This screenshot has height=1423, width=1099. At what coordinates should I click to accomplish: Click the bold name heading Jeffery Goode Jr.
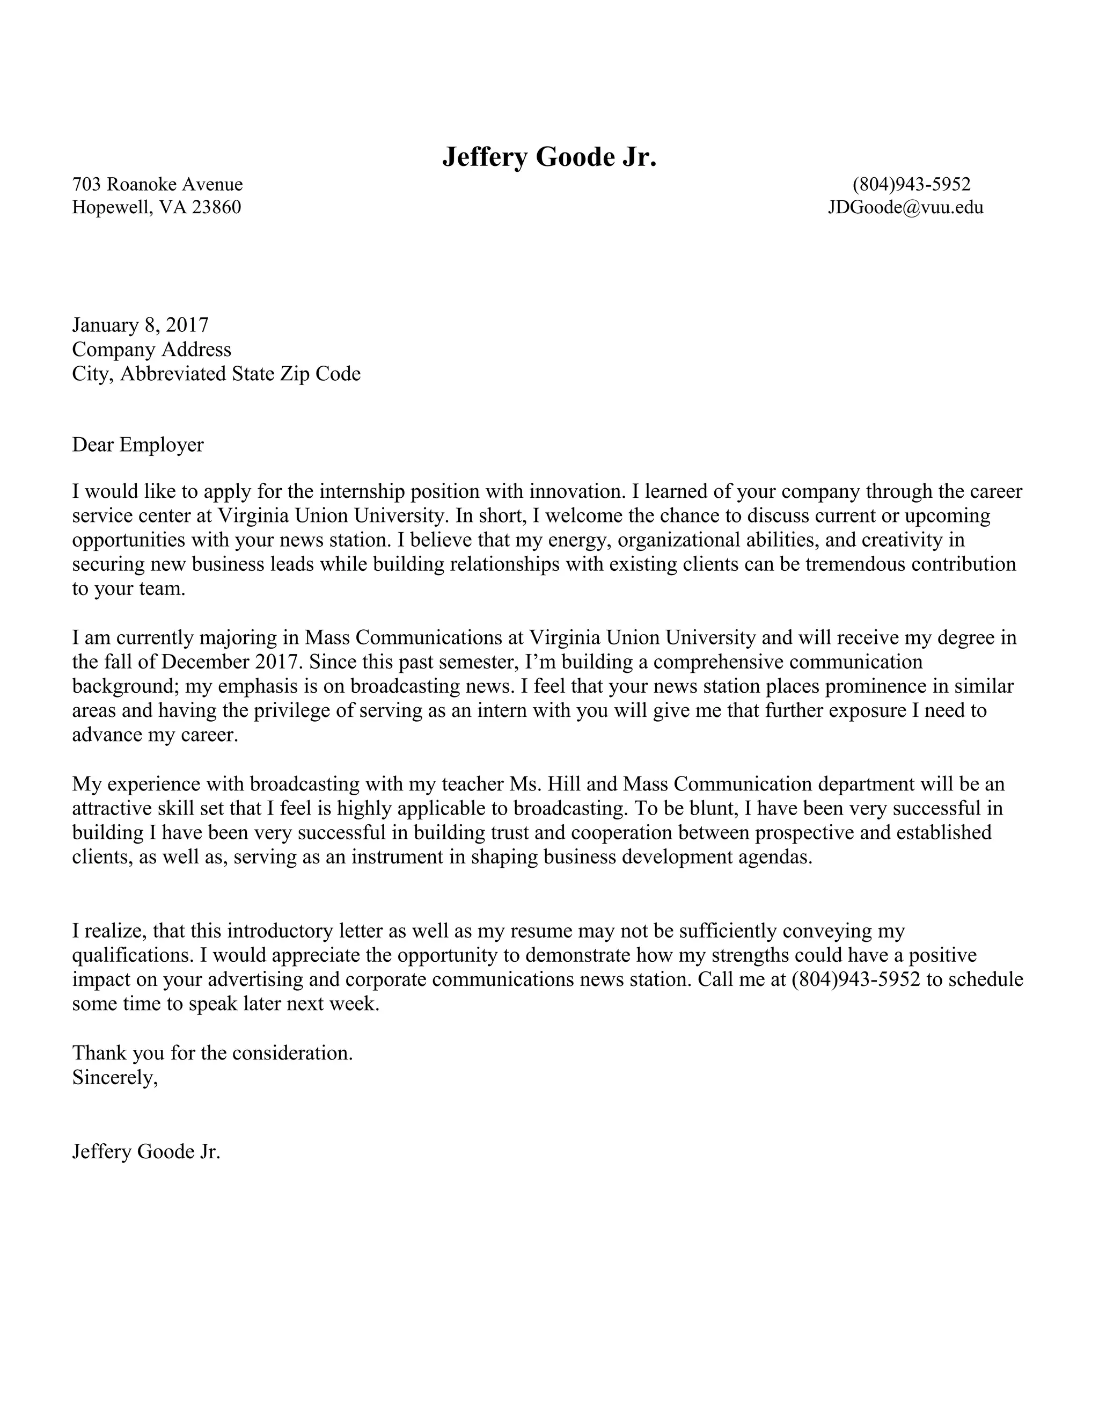(x=549, y=157)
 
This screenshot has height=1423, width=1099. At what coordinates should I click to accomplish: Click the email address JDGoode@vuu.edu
(x=905, y=207)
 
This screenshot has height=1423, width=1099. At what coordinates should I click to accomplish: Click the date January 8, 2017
(x=140, y=324)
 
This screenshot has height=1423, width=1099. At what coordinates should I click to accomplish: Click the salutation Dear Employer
(x=137, y=445)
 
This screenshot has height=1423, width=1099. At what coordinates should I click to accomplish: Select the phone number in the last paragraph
(x=855, y=979)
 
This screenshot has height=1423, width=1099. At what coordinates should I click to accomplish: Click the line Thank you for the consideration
(x=213, y=1053)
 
